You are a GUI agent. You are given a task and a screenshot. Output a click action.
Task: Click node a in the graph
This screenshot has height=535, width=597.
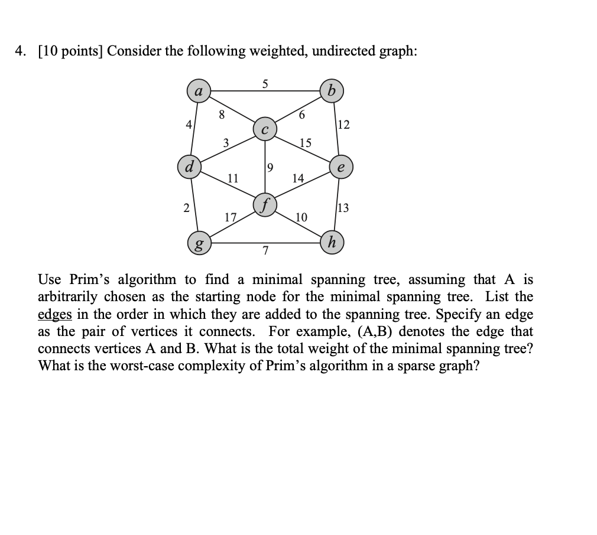pos(199,91)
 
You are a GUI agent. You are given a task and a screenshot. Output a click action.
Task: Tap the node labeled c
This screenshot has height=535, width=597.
pos(265,129)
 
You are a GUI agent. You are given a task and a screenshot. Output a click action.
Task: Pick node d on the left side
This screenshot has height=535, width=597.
pos(190,165)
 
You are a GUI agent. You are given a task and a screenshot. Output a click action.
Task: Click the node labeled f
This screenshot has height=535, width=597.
pos(265,205)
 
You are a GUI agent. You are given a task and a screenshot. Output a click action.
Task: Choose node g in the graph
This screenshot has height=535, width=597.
pos(199,243)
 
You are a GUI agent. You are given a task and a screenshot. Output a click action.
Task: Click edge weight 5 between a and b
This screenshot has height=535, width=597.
pos(265,84)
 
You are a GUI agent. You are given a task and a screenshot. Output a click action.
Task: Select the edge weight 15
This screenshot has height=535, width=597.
pos(305,142)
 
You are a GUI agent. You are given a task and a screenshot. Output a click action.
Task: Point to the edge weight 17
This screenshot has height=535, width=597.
pos(230,217)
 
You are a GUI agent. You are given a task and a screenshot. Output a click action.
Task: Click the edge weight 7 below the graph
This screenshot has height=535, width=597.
pos(265,252)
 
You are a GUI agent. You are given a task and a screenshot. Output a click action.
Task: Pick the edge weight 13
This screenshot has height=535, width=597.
pos(343,207)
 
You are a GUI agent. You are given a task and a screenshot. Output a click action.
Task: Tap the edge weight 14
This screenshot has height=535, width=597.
pos(298,178)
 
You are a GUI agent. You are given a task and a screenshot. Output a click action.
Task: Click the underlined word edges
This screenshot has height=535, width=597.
pos(54,314)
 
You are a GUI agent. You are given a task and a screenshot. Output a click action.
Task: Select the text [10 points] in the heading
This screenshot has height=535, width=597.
pos(67,51)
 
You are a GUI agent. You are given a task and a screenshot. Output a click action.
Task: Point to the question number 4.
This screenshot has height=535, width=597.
pos(21,51)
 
